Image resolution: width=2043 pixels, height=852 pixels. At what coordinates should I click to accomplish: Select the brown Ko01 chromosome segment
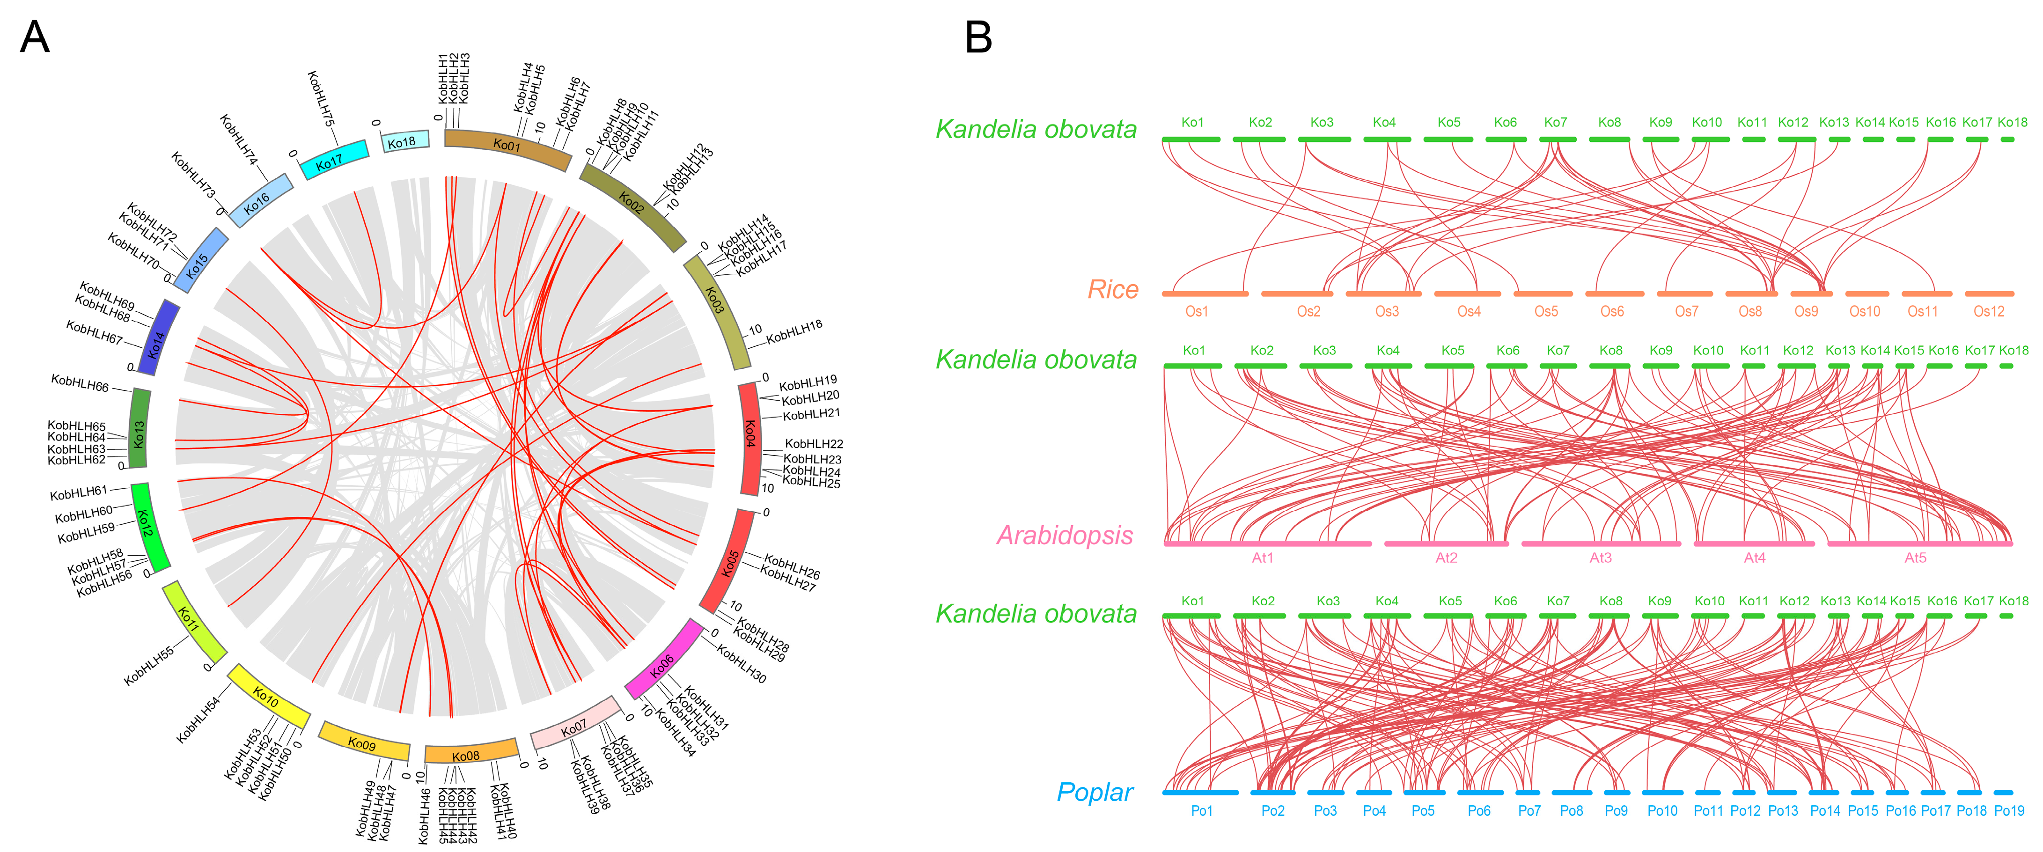point(507,147)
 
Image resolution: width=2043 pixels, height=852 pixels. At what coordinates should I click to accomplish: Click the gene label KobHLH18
point(794,331)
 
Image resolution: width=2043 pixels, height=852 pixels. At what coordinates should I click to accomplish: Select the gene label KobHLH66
point(80,384)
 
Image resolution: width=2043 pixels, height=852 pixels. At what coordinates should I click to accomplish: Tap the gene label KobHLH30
point(742,663)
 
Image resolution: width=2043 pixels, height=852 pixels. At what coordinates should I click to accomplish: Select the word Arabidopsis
point(1064,536)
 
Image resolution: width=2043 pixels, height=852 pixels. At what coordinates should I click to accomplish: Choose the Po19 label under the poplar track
point(2009,811)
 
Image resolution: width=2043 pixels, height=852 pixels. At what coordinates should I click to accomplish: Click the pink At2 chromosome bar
point(1445,544)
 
